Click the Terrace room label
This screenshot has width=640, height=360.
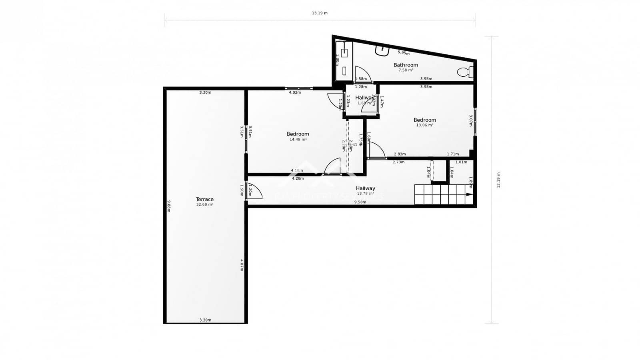(204, 199)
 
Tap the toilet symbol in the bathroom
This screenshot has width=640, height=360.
(464, 72)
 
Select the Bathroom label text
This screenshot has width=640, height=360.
(406, 65)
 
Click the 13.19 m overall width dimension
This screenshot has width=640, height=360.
(320, 13)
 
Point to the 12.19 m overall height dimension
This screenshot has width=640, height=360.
(498, 180)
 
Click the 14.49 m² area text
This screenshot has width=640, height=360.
(298, 140)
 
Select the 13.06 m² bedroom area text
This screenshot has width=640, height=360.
(424, 125)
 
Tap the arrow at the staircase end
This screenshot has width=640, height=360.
(469, 195)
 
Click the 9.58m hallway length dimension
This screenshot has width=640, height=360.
(360, 202)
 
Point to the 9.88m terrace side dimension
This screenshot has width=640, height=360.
(169, 206)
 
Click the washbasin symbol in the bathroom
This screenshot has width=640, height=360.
(382, 50)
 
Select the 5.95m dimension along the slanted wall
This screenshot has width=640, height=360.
(404, 53)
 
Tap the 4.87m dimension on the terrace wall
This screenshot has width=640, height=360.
(242, 265)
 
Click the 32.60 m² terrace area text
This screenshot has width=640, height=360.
(204, 204)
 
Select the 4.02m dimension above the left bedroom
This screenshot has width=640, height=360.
(295, 92)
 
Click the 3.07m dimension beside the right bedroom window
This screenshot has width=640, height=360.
(471, 120)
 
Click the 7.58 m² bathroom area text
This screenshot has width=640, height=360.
(406, 70)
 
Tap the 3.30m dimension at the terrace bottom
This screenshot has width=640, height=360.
(205, 320)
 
